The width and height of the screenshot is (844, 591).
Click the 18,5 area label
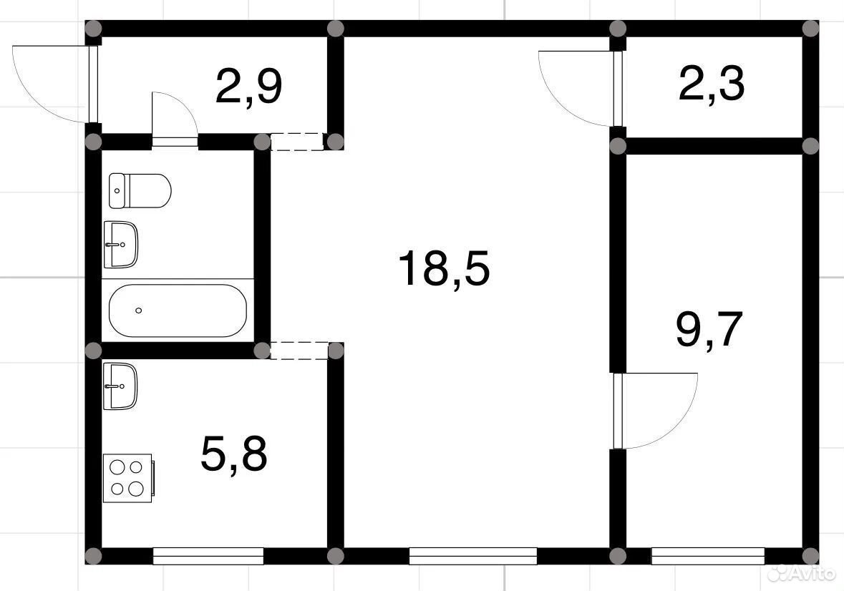click(x=444, y=268)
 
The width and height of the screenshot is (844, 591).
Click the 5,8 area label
click(x=233, y=454)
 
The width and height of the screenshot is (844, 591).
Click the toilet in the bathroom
click(x=140, y=190)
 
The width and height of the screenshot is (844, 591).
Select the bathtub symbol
click(x=178, y=311)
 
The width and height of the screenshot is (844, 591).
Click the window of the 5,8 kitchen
click(x=208, y=556)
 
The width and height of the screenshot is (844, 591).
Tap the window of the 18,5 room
click(x=473, y=556)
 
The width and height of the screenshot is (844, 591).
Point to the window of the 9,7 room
click(x=708, y=556)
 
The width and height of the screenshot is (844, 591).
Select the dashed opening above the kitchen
click(x=299, y=350)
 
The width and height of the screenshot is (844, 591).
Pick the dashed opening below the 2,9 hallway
click(x=297, y=142)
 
